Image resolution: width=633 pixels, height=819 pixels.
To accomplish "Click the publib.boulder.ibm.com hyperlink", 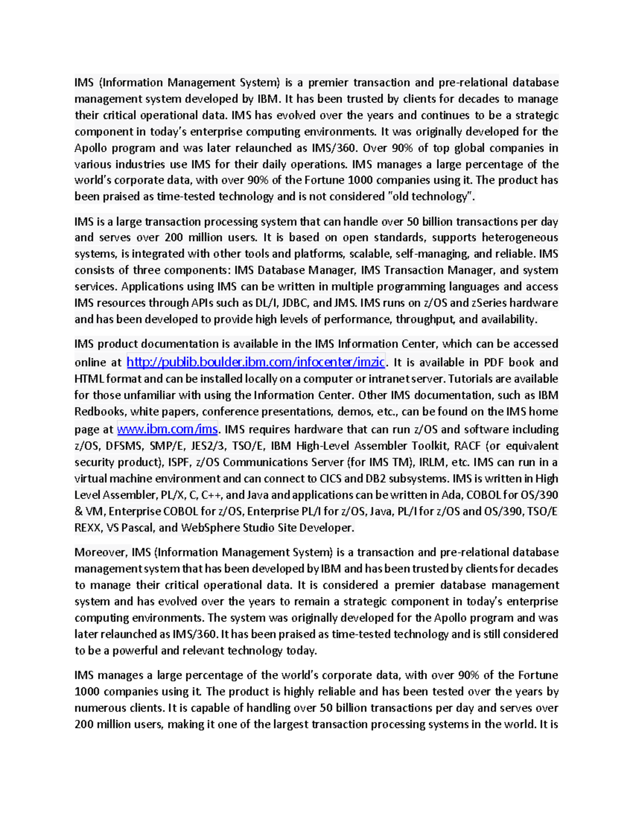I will [256, 362].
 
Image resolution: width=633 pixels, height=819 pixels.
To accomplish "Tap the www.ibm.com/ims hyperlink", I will [167, 429].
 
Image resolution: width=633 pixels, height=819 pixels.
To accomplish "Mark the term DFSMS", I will [124, 446].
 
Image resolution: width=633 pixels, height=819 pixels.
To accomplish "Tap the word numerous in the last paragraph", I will [99, 708].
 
